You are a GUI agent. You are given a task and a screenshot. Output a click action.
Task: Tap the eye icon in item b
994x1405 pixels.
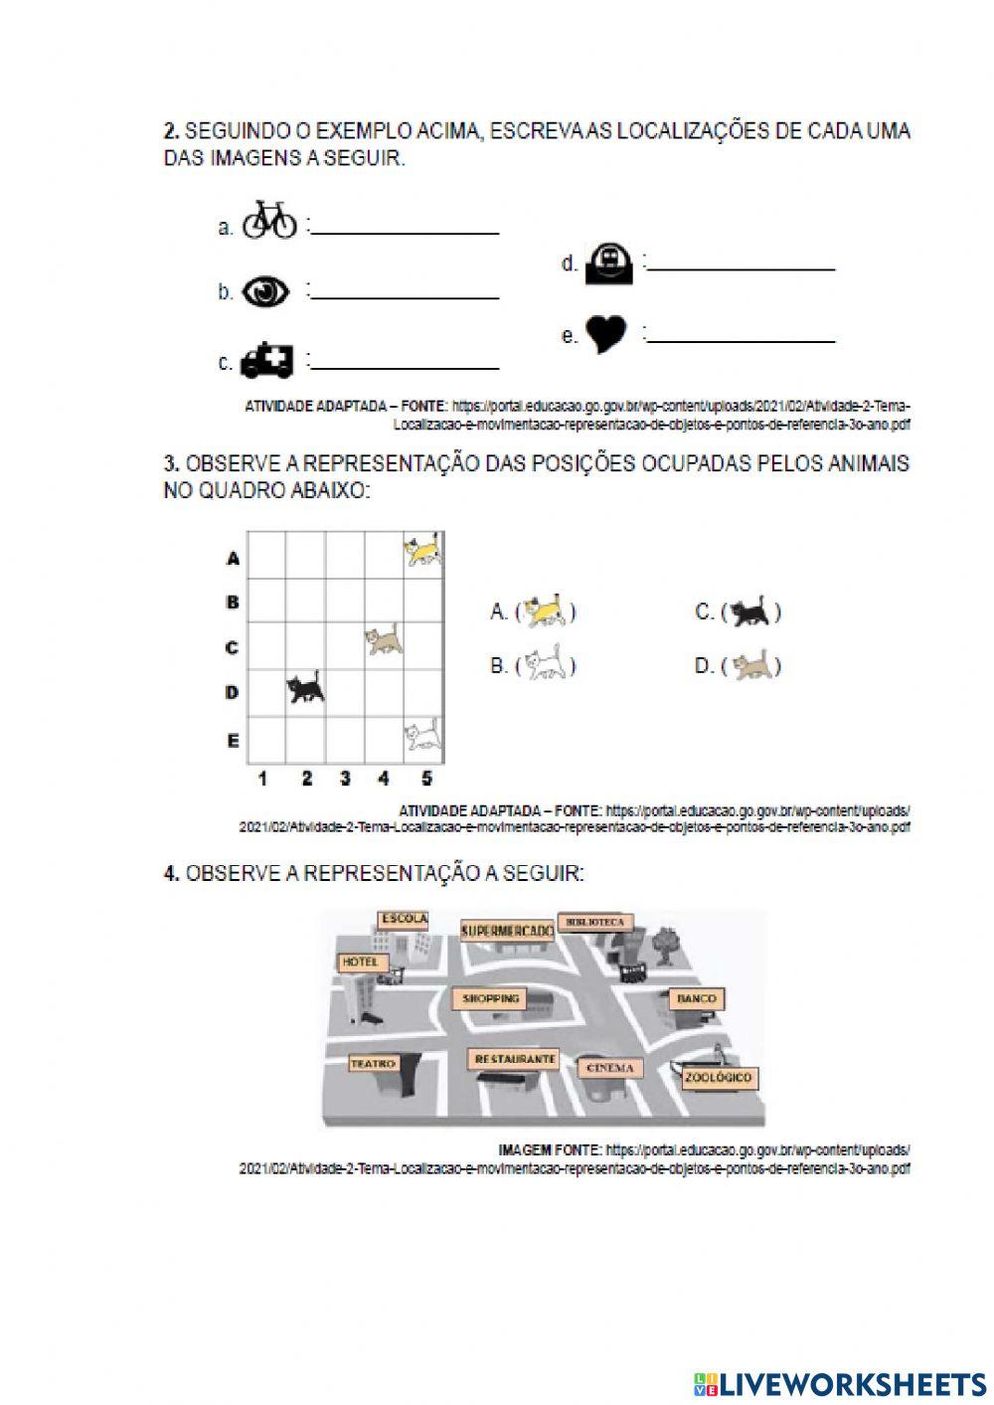[266, 290]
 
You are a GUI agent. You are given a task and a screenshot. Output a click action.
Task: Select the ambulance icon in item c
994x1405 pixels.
[267, 360]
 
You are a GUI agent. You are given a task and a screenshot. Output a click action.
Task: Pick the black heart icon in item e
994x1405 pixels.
[605, 334]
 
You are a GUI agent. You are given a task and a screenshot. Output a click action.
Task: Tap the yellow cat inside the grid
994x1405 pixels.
[422, 550]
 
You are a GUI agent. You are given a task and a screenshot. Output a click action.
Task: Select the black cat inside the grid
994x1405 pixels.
[305, 687]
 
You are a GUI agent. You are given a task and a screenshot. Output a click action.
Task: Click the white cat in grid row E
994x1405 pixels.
[422, 735]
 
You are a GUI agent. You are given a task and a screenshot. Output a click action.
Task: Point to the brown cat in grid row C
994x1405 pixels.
[384, 640]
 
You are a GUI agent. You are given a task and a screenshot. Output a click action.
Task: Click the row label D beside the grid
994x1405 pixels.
[232, 692]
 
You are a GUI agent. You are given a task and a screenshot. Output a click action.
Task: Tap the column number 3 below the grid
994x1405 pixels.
[345, 780]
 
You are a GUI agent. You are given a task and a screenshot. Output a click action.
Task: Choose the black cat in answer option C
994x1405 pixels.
[750, 613]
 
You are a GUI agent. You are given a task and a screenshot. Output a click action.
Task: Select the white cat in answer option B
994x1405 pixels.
[546, 665]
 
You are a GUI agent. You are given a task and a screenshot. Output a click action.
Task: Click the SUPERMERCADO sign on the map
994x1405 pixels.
[507, 931]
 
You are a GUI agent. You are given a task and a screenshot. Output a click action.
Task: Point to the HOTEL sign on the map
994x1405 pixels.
[360, 963]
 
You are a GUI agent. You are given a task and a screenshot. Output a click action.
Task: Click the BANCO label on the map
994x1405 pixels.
[697, 997]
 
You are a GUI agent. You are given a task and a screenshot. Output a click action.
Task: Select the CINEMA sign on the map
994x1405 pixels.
[610, 1068]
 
